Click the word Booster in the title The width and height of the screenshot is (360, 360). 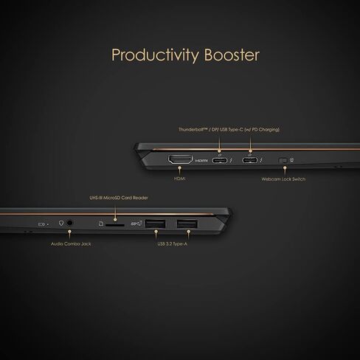point(232,55)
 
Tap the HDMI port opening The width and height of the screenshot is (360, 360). point(180,160)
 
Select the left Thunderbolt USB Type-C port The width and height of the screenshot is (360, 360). point(220,161)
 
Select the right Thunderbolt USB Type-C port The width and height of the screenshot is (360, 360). point(249,161)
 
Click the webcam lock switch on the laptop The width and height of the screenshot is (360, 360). point(283,161)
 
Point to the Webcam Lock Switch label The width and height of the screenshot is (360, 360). point(283,179)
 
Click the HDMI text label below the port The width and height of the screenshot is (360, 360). point(180,179)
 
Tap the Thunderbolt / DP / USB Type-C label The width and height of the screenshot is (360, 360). point(229,130)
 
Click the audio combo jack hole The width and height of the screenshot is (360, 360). point(69,223)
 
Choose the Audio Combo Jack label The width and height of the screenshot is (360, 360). point(71,244)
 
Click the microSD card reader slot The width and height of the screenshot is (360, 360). point(115,225)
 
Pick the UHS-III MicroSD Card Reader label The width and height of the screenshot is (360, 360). point(119,198)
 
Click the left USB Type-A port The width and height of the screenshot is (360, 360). point(155,224)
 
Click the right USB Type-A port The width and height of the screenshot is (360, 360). point(187,224)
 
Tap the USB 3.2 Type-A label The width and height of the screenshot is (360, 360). point(173,244)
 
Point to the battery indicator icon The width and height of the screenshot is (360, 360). point(41,224)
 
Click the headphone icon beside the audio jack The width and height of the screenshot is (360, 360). point(61,223)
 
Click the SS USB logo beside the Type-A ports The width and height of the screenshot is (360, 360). point(136,224)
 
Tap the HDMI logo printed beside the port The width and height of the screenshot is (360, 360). point(201,161)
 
